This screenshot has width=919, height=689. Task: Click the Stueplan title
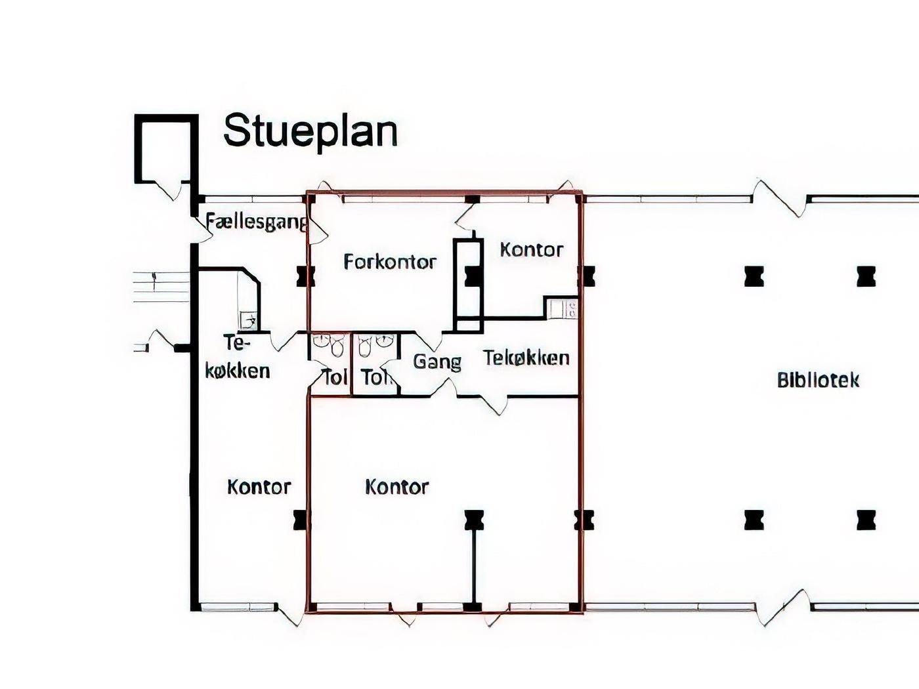tap(310, 131)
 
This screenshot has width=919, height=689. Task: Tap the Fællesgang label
tap(257, 222)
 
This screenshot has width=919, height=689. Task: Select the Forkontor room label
tap(390, 262)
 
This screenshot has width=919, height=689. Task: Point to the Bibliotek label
tap(818, 381)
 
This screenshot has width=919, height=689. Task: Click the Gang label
tap(437, 362)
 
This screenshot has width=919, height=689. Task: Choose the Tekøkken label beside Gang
tap(526, 358)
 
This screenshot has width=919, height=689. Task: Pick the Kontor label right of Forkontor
tap(532, 250)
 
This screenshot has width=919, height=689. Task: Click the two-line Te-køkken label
tap(238, 357)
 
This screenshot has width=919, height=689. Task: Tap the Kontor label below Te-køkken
tap(259, 487)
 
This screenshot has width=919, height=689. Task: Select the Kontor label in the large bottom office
tap(397, 487)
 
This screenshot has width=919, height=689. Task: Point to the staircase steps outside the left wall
tap(161, 287)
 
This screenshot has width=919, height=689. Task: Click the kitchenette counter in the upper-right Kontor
tap(561, 308)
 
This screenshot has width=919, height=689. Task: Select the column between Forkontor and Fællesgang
tap(306, 276)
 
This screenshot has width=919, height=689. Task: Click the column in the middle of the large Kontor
tap(474, 520)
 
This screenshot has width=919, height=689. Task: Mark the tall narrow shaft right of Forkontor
tap(469, 285)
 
